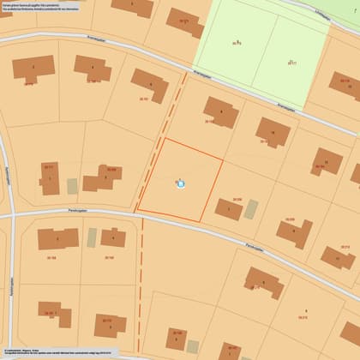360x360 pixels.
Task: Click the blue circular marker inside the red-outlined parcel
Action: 180,183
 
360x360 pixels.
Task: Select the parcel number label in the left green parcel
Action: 237,43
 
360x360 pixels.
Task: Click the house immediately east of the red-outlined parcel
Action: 229,209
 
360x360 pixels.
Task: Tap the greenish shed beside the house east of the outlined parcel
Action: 251,208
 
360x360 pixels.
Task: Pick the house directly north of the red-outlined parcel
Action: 220,112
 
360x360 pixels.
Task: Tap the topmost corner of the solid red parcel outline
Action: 164,139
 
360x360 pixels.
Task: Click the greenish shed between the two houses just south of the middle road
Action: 92,237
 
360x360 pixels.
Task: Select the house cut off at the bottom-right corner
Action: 351,333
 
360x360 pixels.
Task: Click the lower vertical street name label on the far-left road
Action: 12,283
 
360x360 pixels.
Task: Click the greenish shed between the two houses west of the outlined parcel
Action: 73,186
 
